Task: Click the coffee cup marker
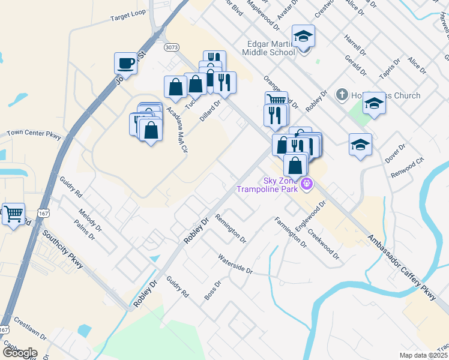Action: pos(126,62)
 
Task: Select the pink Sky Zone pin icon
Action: pos(307,183)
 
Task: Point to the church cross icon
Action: pos(342,94)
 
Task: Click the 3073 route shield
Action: pos(170,46)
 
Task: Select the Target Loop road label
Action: pos(128,19)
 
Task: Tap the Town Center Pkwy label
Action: pos(34,134)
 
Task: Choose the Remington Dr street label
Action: pos(231,229)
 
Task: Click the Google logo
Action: pos(19,353)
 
